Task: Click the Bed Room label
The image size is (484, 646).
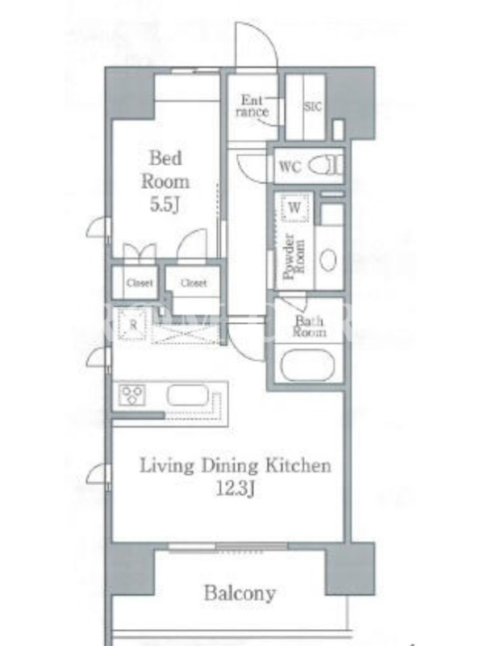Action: tap(165, 170)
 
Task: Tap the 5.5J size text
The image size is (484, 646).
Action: tap(165, 205)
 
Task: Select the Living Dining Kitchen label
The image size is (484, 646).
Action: tap(236, 466)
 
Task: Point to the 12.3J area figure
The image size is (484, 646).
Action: tap(236, 489)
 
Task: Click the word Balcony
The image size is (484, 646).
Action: tap(240, 594)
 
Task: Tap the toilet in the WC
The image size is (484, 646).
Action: tap(325, 166)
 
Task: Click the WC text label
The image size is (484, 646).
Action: tap(290, 167)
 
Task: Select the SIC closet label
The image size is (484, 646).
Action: tap(313, 107)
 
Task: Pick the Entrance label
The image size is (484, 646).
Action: tap(252, 106)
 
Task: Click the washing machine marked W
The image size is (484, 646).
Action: tap(294, 208)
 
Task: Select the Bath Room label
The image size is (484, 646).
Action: tap(309, 326)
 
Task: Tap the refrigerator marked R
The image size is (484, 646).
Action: tap(132, 325)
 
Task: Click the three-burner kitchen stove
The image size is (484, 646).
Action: tap(131, 394)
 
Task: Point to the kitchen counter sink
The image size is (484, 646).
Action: tap(188, 395)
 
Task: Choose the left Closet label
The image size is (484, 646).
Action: tap(140, 283)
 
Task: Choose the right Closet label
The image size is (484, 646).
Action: tap(194, 283)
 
